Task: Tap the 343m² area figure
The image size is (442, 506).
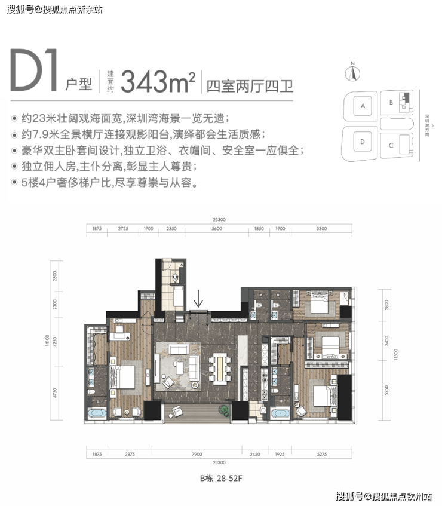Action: pyautogui.click(x=158, y=80)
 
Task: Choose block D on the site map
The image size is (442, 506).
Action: pyautogui.click(x=362, y=142)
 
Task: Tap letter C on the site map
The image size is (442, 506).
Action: pyautogui.click(x=390, y=145)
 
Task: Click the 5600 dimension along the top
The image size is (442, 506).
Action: pyautogui.click(x=217, y=229)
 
